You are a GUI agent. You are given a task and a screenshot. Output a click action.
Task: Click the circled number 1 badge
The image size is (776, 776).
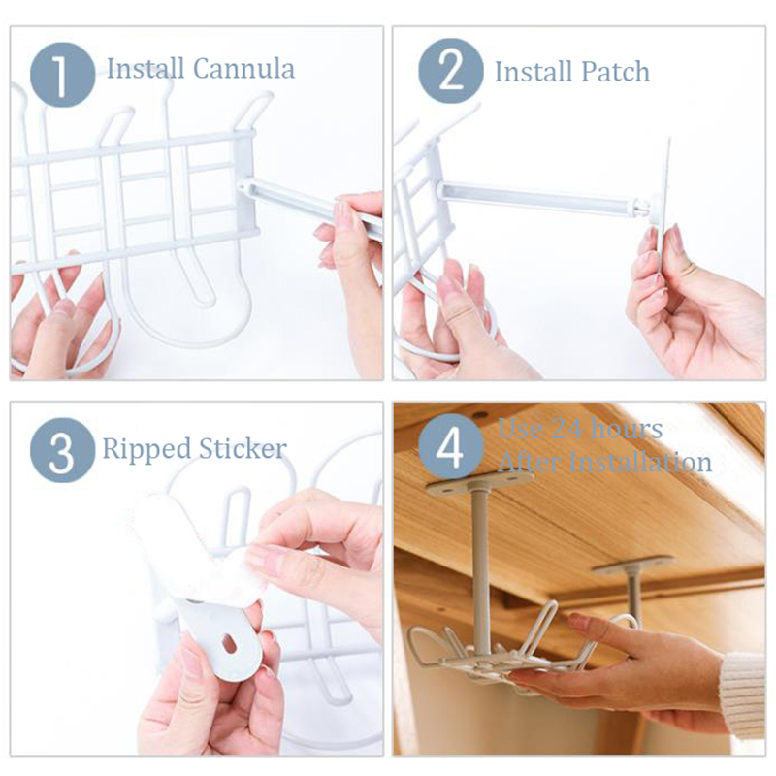(62, 75)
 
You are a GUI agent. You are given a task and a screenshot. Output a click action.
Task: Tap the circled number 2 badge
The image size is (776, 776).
(451, 71)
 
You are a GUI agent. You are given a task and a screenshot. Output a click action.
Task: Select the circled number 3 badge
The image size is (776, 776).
(62, 450)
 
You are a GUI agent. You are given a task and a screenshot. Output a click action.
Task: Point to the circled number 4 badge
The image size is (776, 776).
(451, 447)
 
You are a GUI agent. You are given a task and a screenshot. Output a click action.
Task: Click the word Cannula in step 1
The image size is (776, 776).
(243, 68)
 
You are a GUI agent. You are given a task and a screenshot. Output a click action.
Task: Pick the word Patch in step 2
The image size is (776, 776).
(615, 72)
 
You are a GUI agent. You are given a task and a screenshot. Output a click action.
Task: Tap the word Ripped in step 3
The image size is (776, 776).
(147, 449)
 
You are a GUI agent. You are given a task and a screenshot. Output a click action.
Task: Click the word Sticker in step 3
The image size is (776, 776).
(242, 448)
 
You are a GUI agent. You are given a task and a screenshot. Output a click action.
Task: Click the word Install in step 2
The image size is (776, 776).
(534, 72)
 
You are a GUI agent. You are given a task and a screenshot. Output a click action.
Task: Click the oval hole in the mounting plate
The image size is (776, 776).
(230, 642)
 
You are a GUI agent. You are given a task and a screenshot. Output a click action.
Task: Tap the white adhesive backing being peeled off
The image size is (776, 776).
(198, 548)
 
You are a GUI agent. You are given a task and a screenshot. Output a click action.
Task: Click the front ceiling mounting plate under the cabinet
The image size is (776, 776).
(479, 482)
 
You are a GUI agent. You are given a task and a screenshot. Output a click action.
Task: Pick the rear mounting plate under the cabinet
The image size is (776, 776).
(633, 565)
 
